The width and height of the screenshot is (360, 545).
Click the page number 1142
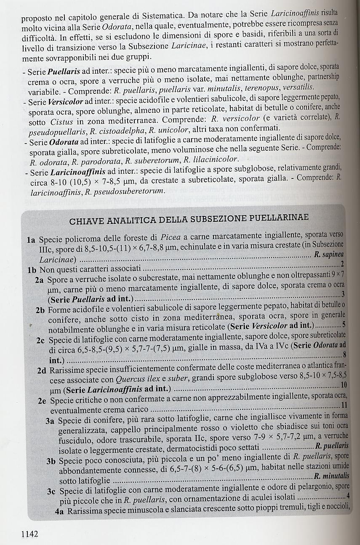[x=29, y=534]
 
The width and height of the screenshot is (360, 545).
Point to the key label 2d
[x=42, y=371]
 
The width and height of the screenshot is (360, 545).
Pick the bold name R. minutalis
[x=331, y=476]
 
